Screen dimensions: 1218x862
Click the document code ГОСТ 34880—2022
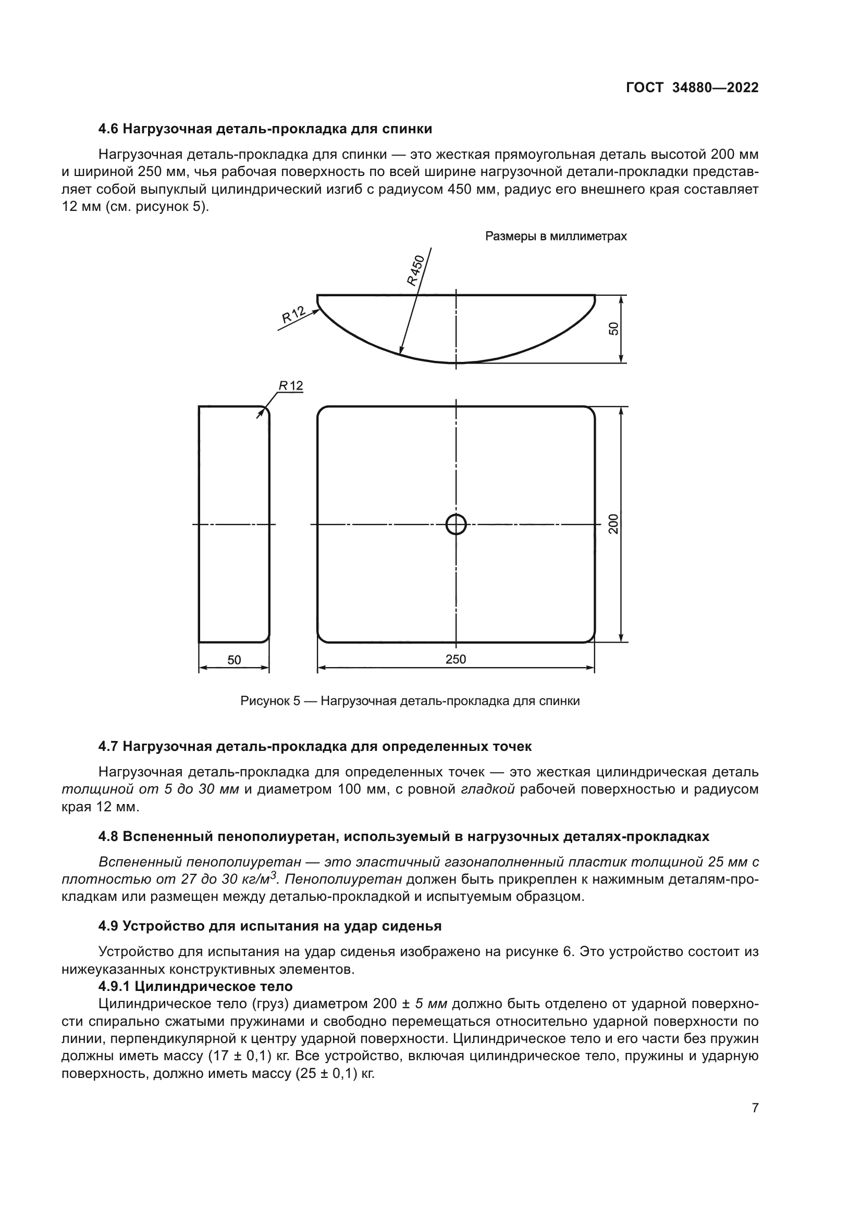692,87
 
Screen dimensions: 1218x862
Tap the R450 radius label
415,271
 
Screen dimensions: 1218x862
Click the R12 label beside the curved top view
293,315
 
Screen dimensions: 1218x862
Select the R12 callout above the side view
291,386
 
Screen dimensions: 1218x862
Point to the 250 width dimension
455,659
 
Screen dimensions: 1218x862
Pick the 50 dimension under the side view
234,660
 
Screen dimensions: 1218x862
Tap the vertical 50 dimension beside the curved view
613,329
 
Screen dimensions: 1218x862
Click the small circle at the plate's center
456,525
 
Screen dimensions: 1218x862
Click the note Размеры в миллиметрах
556,236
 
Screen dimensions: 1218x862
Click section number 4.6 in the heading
108,129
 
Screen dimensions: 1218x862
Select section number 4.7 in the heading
108,747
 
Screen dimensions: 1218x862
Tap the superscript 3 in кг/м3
274,876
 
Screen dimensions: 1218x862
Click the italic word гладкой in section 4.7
488,789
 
